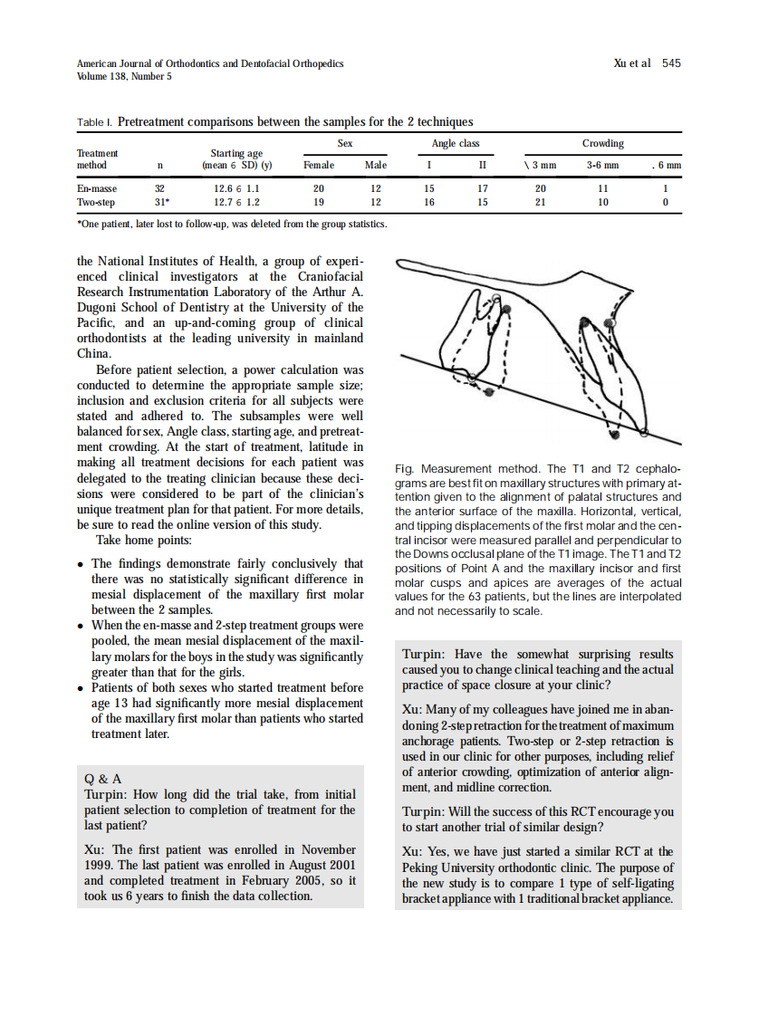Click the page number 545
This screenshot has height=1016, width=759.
point(670,63)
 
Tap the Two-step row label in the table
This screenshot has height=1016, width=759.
point(95,203)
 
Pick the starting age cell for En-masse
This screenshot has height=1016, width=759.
point(236,188)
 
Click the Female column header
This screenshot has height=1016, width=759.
point(318,166)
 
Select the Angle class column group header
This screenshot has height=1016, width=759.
point(455,144)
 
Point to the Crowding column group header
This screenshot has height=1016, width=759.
point(602,144)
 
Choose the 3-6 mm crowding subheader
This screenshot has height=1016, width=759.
point(602,166)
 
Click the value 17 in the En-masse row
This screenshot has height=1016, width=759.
point(482,188)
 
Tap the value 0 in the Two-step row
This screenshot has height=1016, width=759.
point(665,203)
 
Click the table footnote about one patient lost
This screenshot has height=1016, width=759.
point(232,223)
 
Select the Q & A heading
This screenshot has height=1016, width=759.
point(102,778)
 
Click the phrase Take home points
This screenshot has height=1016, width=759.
point(144,541)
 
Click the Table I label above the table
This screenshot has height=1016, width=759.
point(94,121)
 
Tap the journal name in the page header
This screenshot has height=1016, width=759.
point(210,63)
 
